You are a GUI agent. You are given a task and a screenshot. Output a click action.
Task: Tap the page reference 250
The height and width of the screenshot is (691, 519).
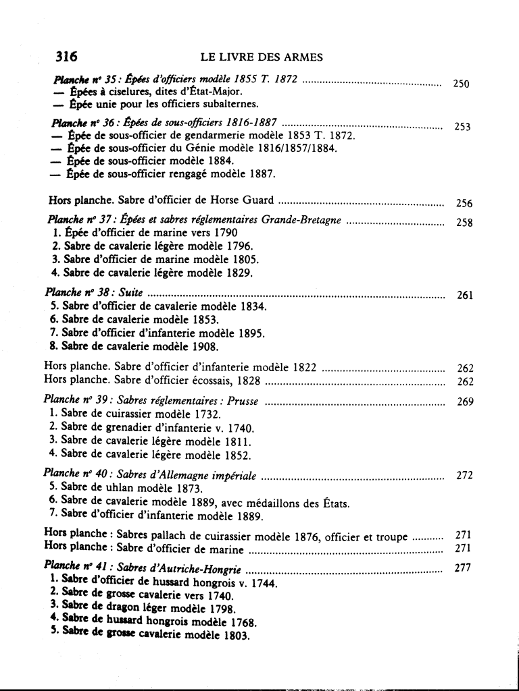pos(461,84)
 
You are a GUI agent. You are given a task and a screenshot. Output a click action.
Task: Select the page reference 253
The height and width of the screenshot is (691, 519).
pos(462,128)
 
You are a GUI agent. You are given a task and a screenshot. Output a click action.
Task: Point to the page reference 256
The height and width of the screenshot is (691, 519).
pos(464,203)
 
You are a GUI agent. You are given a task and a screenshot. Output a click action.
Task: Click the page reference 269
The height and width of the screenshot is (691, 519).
pos(464,402)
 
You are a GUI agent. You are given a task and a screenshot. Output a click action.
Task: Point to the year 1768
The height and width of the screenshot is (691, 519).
pos(228,623)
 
